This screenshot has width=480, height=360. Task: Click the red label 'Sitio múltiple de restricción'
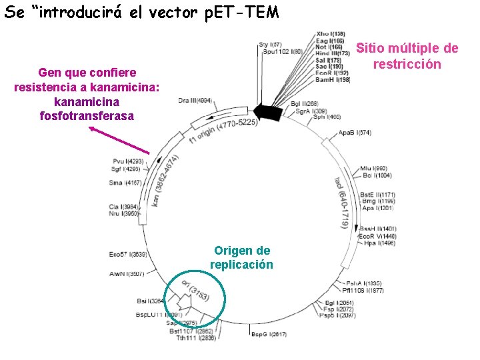pyautogui.click(x=407, y=56)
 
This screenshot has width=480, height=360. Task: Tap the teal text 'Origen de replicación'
pyautogui.click(x=242, y=257)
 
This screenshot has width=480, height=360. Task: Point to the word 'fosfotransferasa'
pyautogui.click(x=87, y=115)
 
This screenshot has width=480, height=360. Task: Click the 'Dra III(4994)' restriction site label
pyautogui.click(x=195, y=101)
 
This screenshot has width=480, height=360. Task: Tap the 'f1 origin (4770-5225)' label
pyautogui.click(x=223, y=131)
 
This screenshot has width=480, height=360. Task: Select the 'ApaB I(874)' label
pyautogui.click(x=355, y=133)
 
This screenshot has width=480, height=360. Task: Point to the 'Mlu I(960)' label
pyautogui.click(x=373, y=168)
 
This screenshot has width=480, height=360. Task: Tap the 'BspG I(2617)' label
pyautogui.click(x=269, y=334)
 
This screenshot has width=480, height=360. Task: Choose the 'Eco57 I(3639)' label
pyautogui.click(x=128, y=254)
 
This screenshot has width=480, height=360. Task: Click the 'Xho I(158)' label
pyautogui.click(x=331, y=34)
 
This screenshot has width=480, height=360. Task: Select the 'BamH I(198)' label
pyautogui.click(x=333, y=80)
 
